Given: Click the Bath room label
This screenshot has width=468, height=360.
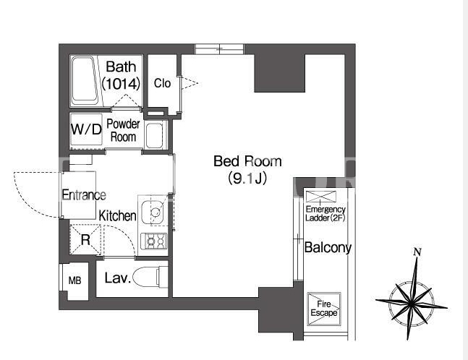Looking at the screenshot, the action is (x=121, y=67).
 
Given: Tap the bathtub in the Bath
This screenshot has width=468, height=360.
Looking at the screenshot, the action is (x=85, y=80).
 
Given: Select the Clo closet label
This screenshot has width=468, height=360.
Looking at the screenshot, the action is (x=162, y=83).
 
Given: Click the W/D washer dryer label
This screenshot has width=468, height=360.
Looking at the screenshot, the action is (x=87, y=129).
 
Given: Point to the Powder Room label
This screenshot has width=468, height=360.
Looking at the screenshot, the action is (x=123, y=130).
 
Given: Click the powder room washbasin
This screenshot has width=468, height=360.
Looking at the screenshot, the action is (x=154, y=135).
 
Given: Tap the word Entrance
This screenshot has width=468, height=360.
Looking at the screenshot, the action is (x=84, y=195).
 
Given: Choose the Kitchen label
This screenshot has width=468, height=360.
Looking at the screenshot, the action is (x=117, y=215).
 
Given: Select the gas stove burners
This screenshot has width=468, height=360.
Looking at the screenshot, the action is (x=153, y=241).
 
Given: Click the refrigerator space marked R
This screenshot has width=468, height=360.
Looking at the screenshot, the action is (x=85, y=239).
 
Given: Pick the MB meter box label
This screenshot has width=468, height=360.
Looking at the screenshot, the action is (x=75, y=280).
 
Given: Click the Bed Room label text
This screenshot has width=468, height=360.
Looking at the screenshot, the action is (x=247, y=161).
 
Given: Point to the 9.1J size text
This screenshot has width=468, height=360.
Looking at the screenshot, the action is (x=247, y=179).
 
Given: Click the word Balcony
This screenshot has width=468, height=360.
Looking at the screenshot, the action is (x=328, y=248).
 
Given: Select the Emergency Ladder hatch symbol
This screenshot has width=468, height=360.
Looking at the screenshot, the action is (x=321, y=197).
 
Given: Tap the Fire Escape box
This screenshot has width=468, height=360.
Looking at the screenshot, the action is (x=324, y=309).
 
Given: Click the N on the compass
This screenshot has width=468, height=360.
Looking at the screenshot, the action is (x=417, y=252).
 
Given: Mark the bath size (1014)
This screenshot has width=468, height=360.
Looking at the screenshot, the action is (x=121, y=84).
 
